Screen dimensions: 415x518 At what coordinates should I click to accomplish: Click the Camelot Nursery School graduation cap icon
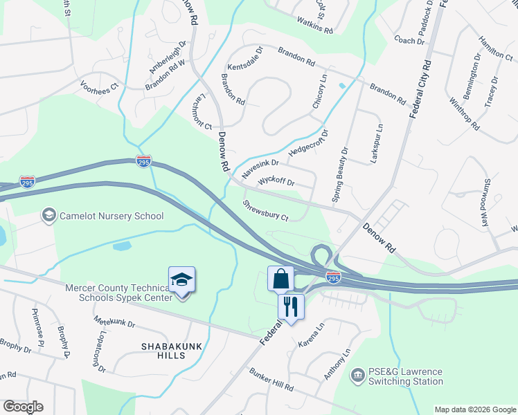(x=48, y=216)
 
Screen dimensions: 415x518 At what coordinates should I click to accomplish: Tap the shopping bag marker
(x=280, y=279)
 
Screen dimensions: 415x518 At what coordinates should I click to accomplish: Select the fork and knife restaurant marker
(x=291, y=306)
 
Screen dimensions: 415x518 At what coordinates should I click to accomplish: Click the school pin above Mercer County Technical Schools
(x=181, y=281)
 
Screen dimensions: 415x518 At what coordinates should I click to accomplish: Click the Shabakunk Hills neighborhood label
(x=163, y=350)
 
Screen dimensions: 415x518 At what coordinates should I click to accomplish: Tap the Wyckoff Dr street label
(x=276, y=183)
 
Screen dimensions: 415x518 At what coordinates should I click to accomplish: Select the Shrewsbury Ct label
(x=265, y=211)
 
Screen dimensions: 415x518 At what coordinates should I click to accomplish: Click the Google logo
(x=23, y=407)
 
